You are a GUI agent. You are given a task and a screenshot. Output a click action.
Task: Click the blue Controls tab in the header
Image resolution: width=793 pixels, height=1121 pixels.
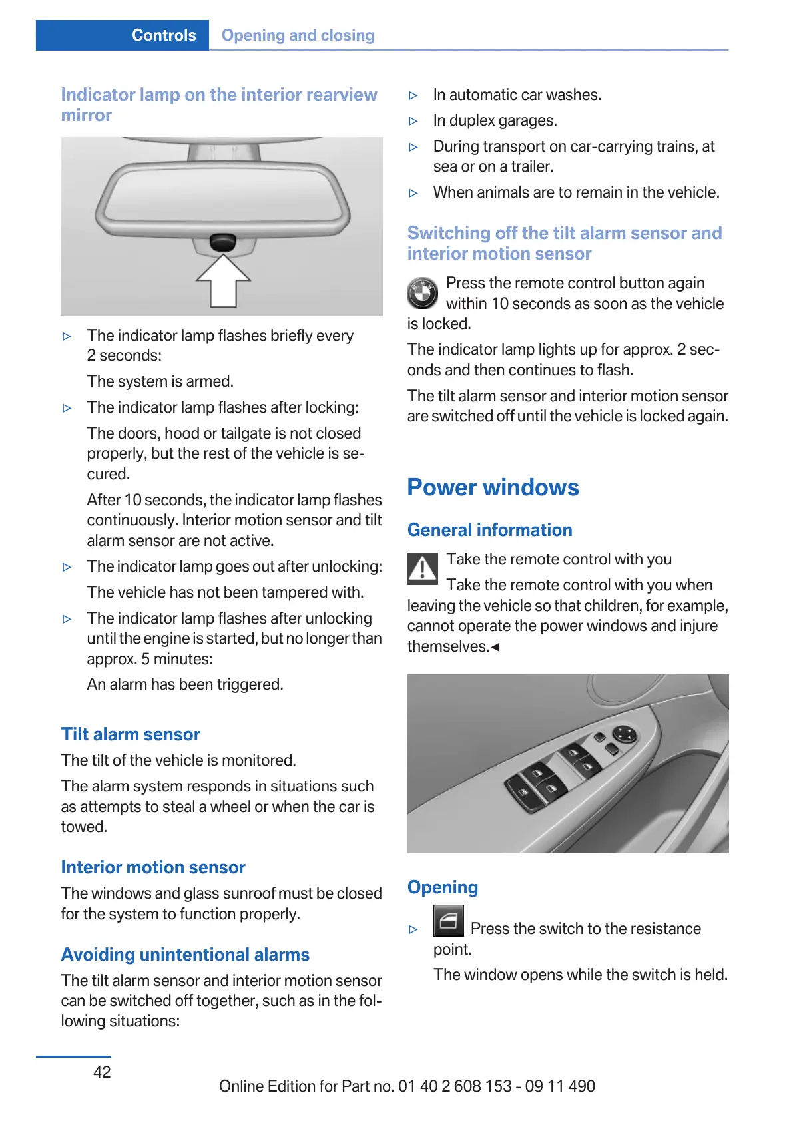tap(163, 35)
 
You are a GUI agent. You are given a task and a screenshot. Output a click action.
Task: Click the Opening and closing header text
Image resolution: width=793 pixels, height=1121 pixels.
tap(298, 35)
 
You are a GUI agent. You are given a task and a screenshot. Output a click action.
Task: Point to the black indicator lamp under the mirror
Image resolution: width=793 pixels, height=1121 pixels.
tap(222, 242)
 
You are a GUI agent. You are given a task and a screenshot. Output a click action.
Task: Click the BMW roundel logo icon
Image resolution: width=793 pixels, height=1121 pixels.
tap(422, 293)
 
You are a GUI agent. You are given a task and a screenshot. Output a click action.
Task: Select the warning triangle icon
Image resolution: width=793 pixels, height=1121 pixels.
tap(422, 569)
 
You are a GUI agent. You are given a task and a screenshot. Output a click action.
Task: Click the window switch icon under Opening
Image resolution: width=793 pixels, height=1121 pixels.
tap(448, 921)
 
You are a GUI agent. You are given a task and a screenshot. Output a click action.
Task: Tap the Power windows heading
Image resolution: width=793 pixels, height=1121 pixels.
tap(493, 487)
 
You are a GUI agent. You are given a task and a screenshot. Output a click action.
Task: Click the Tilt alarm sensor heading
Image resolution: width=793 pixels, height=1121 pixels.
tap(131, 734)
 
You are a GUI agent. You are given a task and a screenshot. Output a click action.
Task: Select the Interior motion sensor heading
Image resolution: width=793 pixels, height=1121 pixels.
tap(153, 867)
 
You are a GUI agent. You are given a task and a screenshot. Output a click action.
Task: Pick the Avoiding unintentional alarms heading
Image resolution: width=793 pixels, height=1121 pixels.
tap(185, 955)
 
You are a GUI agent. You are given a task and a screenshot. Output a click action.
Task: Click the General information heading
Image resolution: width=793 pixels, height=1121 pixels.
tap(489, 530)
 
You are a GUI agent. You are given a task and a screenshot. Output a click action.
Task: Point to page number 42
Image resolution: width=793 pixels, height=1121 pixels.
tap(102, 1072)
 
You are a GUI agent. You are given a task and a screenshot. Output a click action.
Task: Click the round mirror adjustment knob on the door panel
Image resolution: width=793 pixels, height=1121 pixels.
tap(625, 735)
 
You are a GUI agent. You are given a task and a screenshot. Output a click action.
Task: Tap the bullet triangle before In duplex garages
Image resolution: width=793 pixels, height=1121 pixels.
tap(413, 122)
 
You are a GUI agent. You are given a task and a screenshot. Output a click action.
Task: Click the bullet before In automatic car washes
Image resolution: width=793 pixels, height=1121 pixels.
tap(413, 96)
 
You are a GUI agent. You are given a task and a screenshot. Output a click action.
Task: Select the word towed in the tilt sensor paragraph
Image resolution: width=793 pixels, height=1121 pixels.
tap(84, 827)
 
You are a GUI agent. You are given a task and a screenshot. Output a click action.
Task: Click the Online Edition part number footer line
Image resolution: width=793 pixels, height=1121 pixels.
tap(407, 1086)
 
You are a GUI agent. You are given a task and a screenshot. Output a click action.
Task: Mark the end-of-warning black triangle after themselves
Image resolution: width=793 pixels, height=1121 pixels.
tap(495, 647)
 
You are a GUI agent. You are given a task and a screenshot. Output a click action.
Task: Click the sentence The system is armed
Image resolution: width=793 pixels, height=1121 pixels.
tap(160, 381)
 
